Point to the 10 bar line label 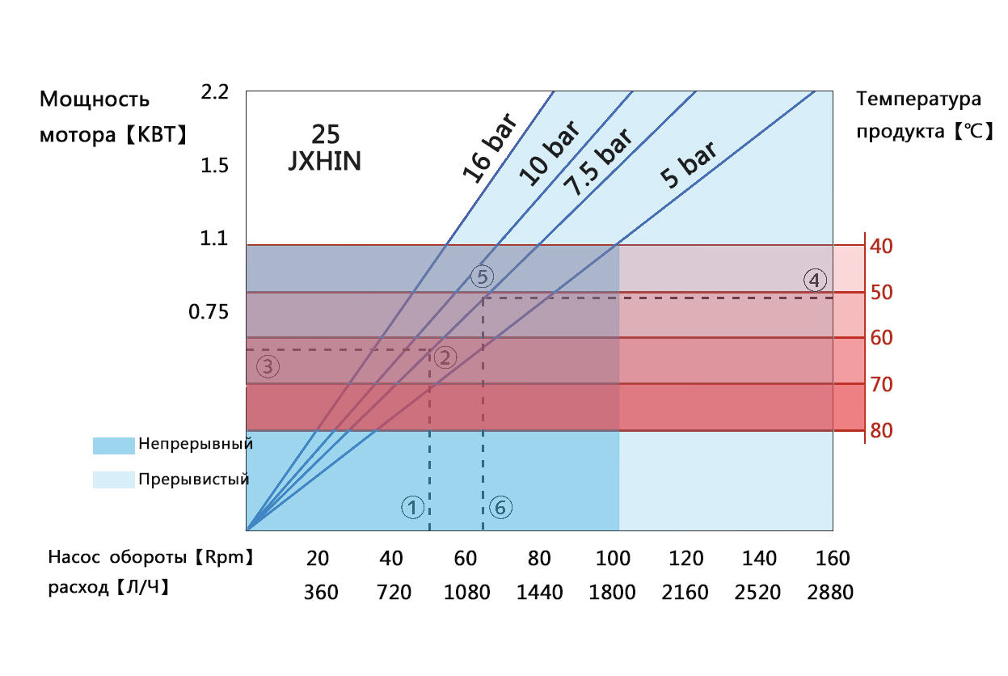click(x=550, y=154)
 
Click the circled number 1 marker click(x=412, y=508)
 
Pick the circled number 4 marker click(x=815, y=281)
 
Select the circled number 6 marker click(x=500, y=508)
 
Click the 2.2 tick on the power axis click(x=214, y=92)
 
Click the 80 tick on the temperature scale click(x=882, y=431)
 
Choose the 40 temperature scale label click(x=882, y=245)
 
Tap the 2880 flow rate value click(x=830, y=593)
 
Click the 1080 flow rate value click(x=467, y=593)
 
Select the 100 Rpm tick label click(x=613, y=559)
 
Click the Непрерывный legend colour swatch click(x=112, y=446)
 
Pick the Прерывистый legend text click(x=193, y=480)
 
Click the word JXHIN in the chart click(x=325, y=162)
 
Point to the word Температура click(x=919, y=99)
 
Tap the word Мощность click(x=95, y=99)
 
